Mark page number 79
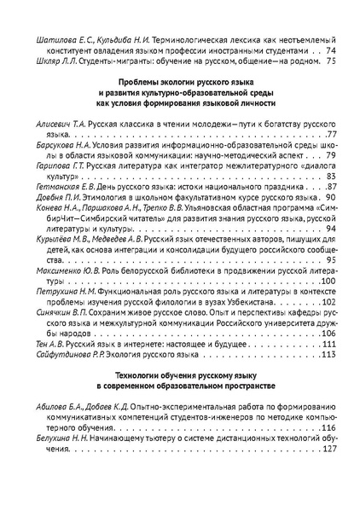click(x=332, y=158)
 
